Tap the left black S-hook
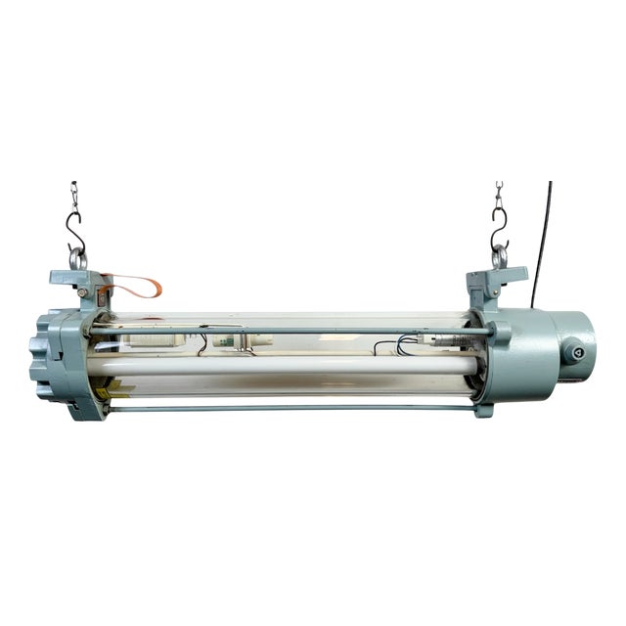[x=74, y=236]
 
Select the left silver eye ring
[x=76, y=260]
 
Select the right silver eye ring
[x=500, y=257]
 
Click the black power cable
[x=541, y=245]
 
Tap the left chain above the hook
[x=73, y=196]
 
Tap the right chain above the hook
[x=499, y=195]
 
